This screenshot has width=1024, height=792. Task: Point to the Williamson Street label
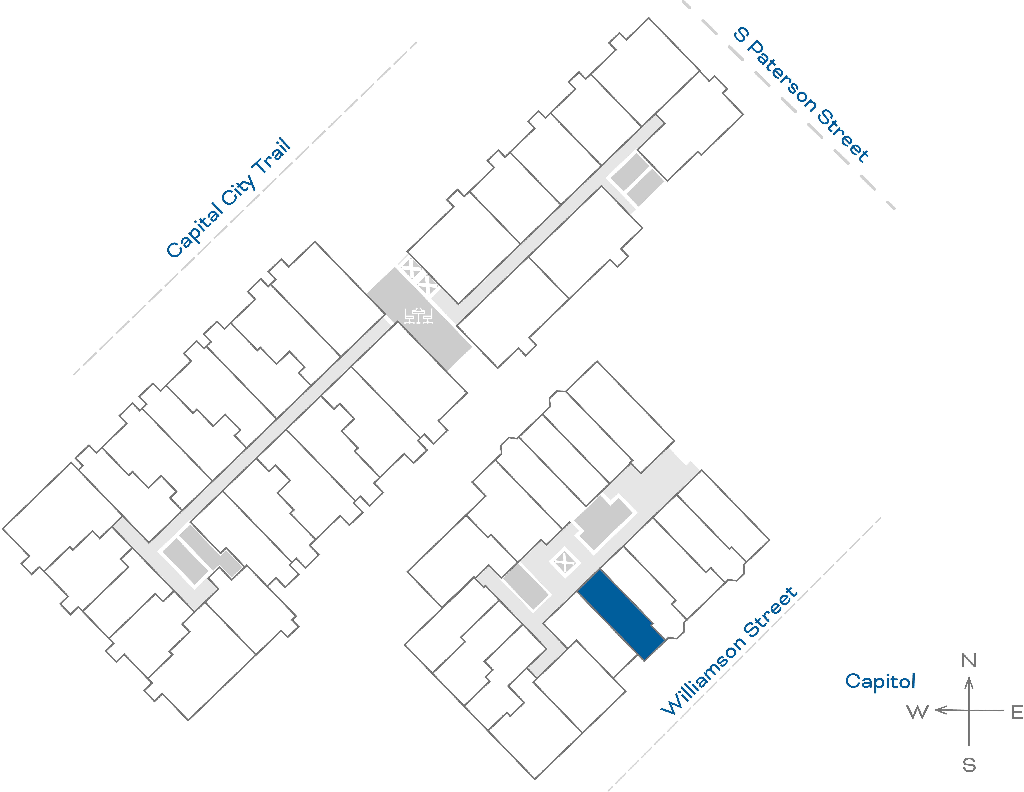729,651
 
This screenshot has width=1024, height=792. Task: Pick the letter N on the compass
969,661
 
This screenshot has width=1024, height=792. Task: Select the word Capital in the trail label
195,230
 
